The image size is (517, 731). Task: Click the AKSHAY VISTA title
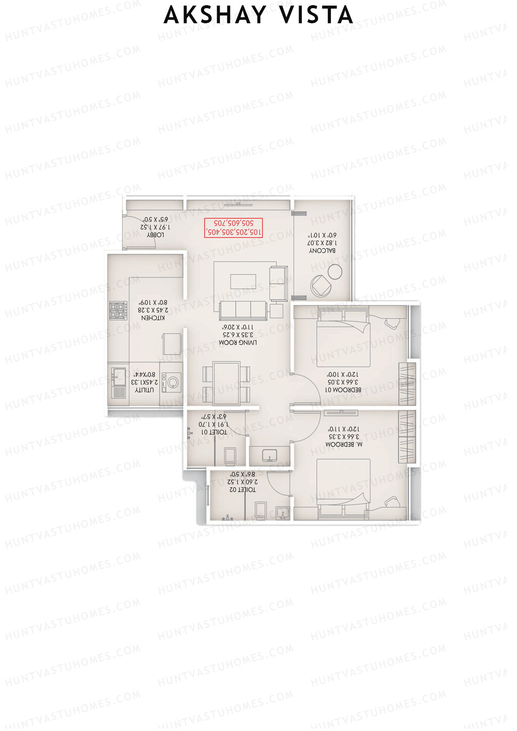pyautogui.click(x=258, y=15)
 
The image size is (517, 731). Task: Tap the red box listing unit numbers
pyautogui.click(x=233, y=228)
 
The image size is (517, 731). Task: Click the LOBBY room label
pyautogui.click(x=155, y=235)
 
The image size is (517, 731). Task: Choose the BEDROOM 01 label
pyautogui.click(x=343, y=390)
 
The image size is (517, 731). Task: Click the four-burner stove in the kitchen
pyautogui.click(x=118, y=310)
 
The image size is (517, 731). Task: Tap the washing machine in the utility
pyautogui.click(x=172, y=383)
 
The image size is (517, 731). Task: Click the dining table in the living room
pyautogui.click(x=227, y=383)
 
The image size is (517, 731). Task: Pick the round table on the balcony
pyautogui.click(x=335, y=272)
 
